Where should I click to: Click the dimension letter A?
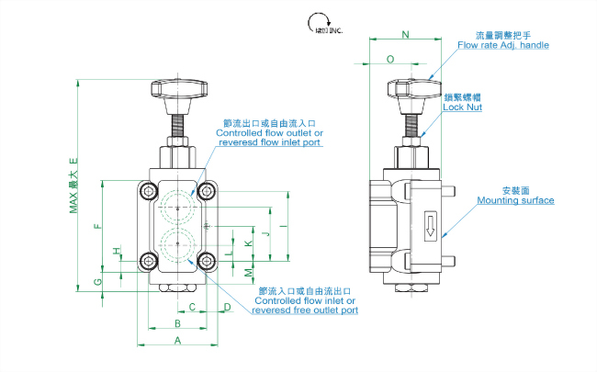(176, 340)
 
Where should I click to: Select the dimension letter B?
(176, 324)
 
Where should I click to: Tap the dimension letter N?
(407, 36)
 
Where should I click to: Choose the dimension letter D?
(226, 307)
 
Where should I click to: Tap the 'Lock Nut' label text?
(462, 107)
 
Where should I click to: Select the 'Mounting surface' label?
(515, 199)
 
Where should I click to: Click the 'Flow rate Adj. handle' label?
(502, 44)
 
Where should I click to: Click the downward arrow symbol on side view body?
(429, 225)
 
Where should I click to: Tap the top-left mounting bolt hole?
(147, 191)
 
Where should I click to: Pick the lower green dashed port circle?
(176, 245)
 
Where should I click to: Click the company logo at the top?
(322, 24)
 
